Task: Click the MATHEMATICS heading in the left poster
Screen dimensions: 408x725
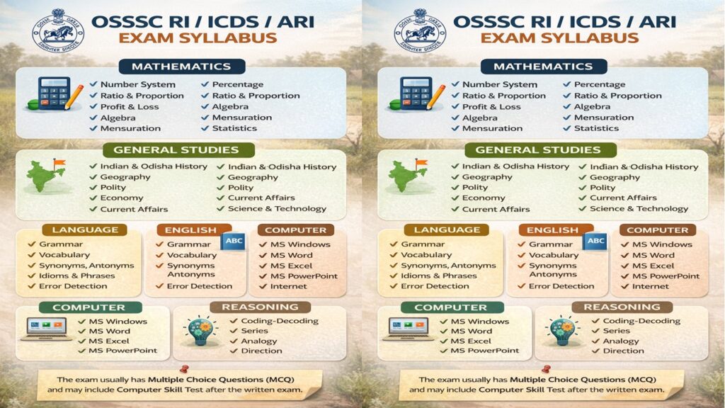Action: (181, 67)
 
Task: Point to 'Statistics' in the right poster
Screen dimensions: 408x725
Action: (596, 128)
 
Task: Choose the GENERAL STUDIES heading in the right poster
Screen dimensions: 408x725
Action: (537, 149)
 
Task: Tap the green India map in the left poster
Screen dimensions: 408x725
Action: (45, 176)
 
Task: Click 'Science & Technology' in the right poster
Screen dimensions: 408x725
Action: (639, 209)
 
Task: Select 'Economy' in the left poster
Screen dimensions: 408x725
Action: (122, 198)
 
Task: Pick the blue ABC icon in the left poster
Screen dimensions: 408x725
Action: (232, 241)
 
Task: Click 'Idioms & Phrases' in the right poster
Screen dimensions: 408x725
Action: (435, 276)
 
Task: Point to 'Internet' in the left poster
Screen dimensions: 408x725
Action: (288, 286)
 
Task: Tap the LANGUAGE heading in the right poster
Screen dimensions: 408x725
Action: (447, 230)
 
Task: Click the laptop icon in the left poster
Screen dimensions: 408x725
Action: (46, 328)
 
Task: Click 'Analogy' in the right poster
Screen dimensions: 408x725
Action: (621, 341)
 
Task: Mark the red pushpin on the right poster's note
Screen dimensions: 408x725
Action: (547, 369)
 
